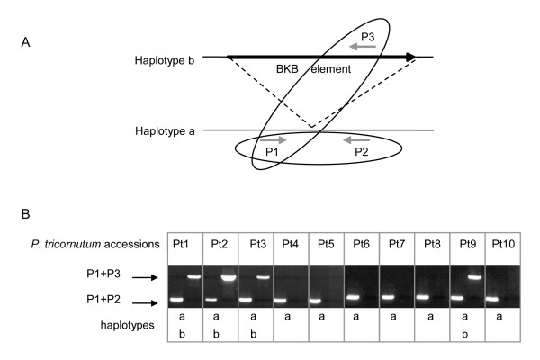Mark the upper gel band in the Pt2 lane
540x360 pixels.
tap(229, 278)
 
